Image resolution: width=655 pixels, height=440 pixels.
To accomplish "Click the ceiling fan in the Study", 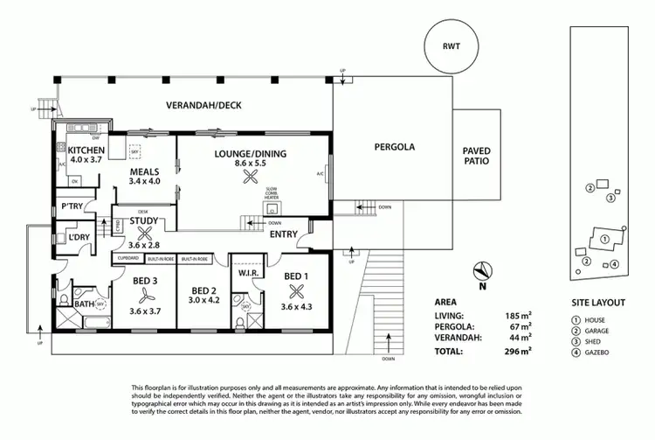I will click(146, 233).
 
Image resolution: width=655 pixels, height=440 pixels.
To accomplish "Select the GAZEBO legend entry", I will click(596, 352).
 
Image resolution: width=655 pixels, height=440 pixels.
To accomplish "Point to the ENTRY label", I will click(282, 234).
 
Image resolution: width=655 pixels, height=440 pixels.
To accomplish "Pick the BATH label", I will click(84, 304).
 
